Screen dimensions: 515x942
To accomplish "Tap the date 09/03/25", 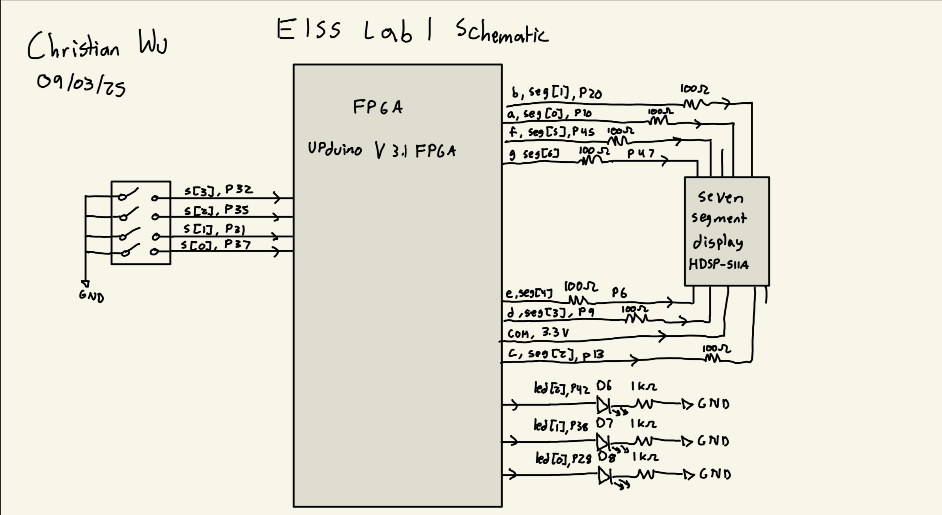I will click(x=81, y=85).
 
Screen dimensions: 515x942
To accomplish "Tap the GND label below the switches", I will click(x=91, y=296).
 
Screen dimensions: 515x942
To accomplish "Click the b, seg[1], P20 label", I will click(x=557, y=93).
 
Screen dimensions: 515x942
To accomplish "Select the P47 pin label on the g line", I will click(x=641, y=153).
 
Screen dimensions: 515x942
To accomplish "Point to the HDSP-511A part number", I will click(x=718, y=264).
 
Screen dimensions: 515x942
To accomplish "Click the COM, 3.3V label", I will click(x=538, y=333).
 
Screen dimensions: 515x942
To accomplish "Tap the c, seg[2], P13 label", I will click(x=556, y=354).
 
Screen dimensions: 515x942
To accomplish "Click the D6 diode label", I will click(x=604, y=385).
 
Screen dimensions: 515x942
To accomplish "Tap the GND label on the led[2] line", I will click(x=713, y=404).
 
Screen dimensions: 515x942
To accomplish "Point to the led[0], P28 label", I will click(x=563, y=458).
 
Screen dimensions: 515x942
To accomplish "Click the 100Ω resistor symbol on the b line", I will click(x=693, y=104).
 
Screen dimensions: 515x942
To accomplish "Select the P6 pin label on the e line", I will click(x=619, y=293).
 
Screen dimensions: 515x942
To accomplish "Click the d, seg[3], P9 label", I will click(x=550, y=313).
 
